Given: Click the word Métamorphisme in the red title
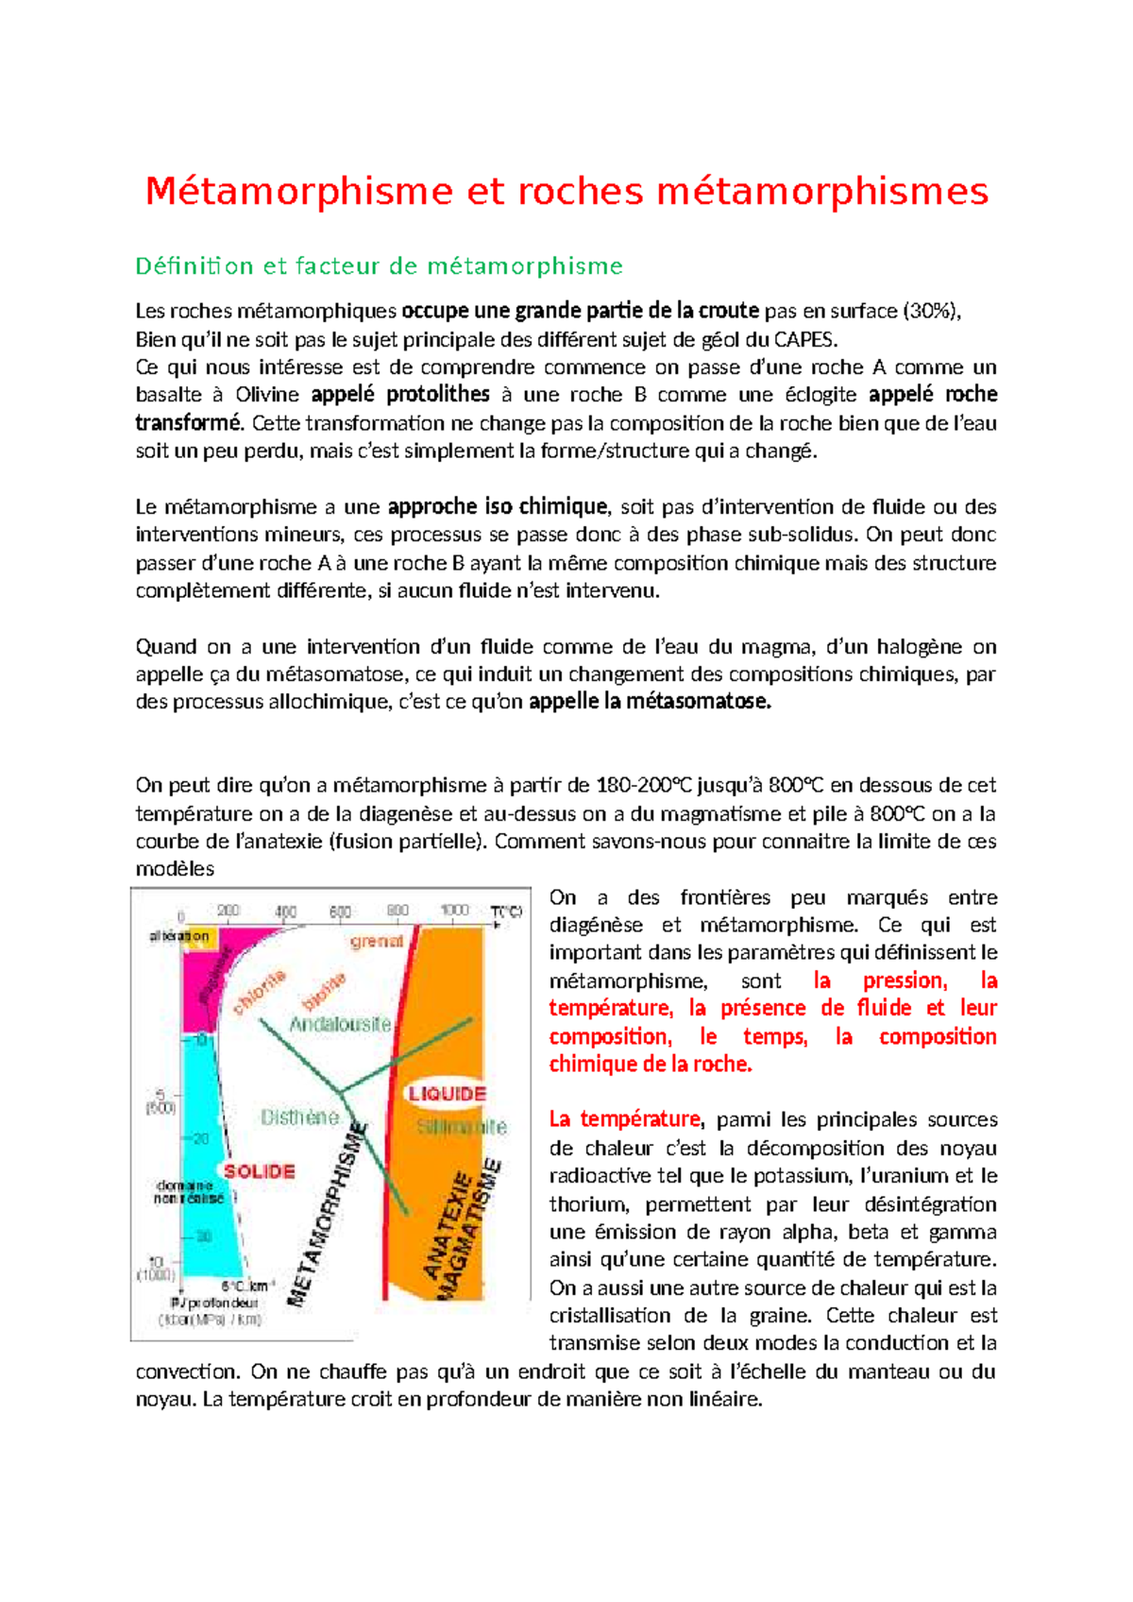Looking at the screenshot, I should coord(299,192).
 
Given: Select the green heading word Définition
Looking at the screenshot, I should coord(194,266).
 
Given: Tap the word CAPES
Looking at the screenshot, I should coord(804,339).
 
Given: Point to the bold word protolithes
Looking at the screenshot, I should coord(438,395).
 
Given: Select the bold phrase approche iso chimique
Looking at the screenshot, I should coord(498,507).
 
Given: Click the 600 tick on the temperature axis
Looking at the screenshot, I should coord(340,912).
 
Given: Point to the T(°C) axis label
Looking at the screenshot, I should coord(506,912).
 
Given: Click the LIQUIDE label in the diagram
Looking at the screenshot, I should coord(447,1094).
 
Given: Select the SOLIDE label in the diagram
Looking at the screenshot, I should coord(259,1171).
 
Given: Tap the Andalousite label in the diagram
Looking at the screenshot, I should coord(340,1024).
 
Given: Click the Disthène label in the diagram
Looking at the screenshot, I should coord(299,1117).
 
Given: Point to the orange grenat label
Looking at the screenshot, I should coord(377,941).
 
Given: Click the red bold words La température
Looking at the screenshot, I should coord(625,1120).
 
